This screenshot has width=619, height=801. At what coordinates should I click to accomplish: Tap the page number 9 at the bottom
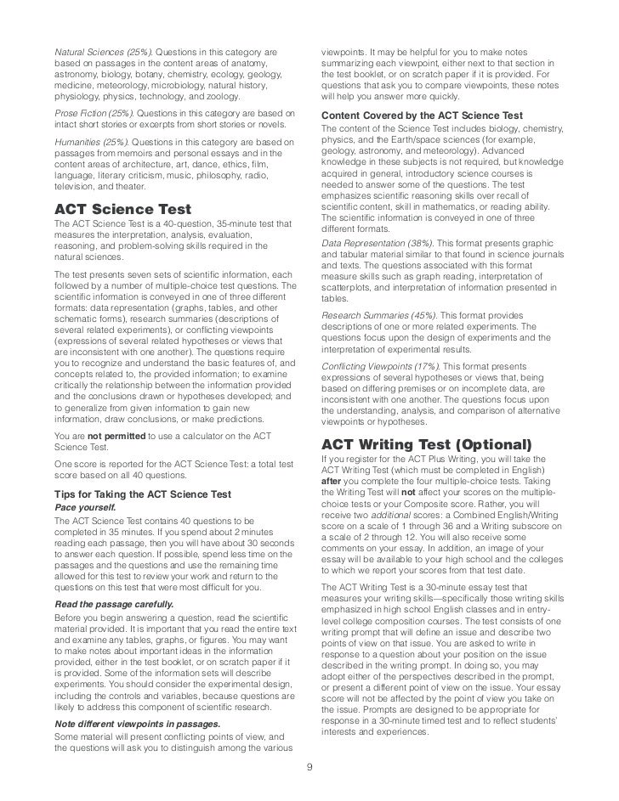click(309, 771)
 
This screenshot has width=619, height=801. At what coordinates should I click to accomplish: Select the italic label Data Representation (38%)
click(374, 244)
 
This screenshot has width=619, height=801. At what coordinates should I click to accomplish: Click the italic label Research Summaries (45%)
click(376, 315)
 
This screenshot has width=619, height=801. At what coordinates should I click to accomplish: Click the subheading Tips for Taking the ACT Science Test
click(142, 494)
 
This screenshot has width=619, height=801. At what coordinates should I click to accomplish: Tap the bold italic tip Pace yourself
click(85, 507)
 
